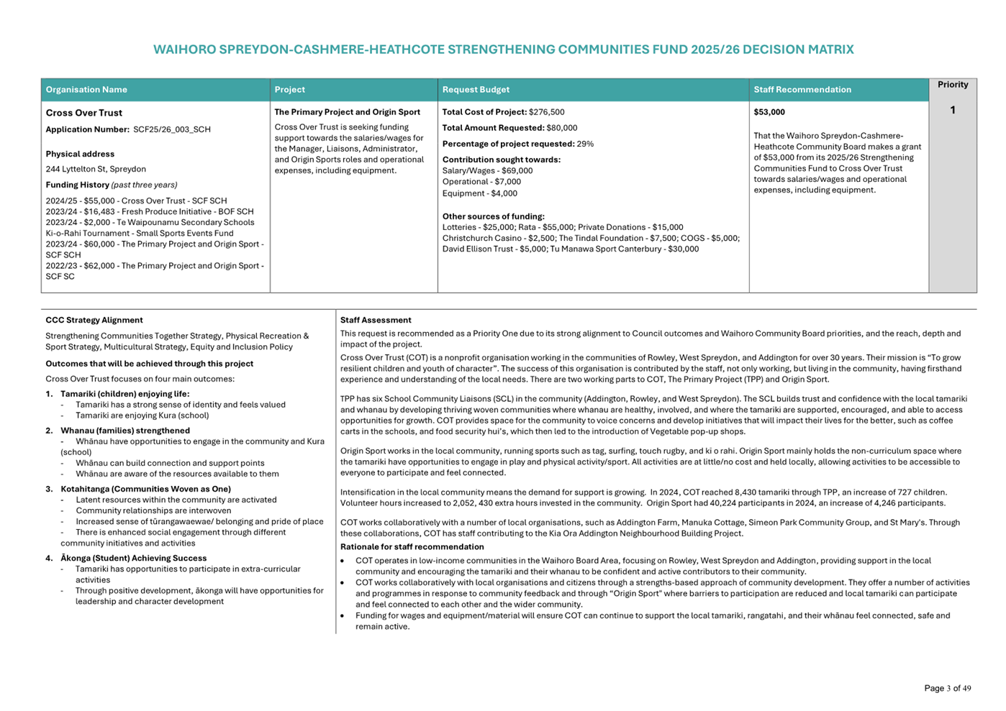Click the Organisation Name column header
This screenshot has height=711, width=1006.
tap(86, 90)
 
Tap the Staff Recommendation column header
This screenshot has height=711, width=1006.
tap(802, 90)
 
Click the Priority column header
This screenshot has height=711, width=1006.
tap(953, 85)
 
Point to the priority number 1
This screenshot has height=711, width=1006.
tap(953, 111)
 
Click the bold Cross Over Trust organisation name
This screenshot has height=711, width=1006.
tap(84, 113)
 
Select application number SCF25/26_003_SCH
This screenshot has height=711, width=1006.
tap(172, 130)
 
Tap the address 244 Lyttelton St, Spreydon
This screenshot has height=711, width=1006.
tap(96, 170)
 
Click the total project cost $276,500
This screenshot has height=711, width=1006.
tap(547, 112)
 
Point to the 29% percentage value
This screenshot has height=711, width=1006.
tap(585, 144)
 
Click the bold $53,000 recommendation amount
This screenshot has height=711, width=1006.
tap(769, 112)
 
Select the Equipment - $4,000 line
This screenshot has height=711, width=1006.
tap(479, 193)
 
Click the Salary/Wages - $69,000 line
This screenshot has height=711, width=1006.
tap(487, 171)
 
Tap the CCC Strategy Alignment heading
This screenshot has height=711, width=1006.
tap(94, 321)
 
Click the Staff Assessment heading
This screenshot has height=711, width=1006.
tap(376, 321)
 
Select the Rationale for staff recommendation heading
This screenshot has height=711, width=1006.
tap(412, 547)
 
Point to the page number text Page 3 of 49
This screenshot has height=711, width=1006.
tap(947, 689)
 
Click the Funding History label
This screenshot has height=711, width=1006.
tap(78, 185)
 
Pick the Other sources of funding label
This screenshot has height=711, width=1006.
tap(494, 216)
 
